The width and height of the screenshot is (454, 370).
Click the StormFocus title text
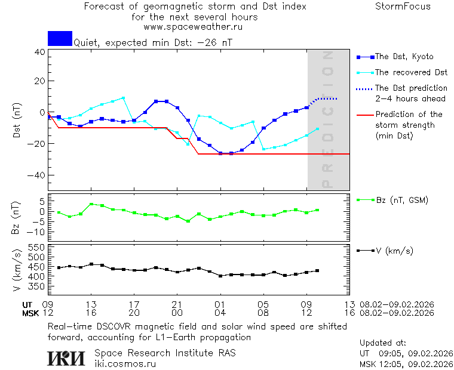(403, 7)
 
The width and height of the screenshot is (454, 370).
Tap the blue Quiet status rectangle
(60, 39)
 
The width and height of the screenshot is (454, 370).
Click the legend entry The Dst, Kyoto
(403, 57)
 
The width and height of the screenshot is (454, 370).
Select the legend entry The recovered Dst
(410, 72)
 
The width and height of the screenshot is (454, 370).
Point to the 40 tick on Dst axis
(40, 52)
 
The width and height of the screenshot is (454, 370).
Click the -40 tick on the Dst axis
(37, 175)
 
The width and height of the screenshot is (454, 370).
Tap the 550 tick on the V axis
(37, 247)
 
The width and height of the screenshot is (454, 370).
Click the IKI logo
(68, 357)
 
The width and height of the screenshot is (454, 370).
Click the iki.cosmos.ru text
(125, 363)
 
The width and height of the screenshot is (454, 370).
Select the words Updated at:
(382, 343)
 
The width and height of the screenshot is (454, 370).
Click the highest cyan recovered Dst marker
(124, 98)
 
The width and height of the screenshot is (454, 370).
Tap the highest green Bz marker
(91, 204)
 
